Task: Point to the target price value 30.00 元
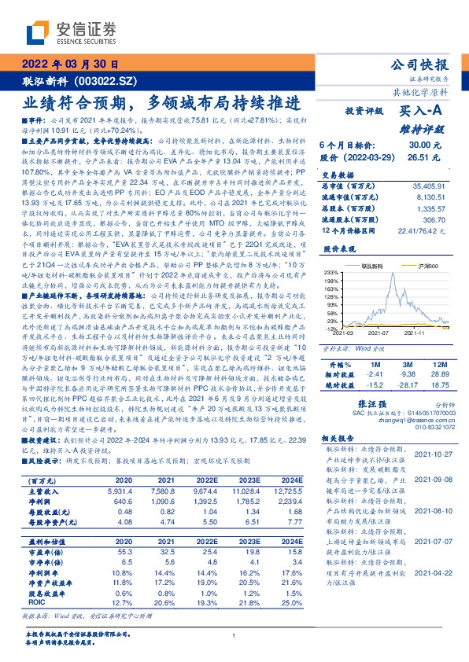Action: (x=424, y=145)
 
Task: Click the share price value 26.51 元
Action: (x=424, y=157)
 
